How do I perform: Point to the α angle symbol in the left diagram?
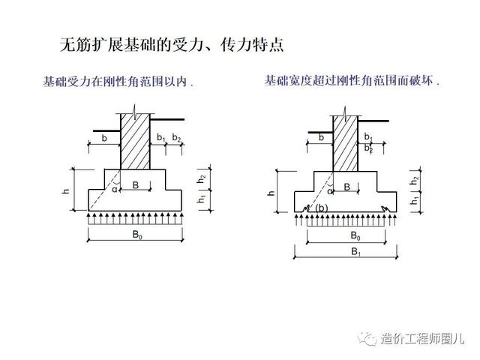click(115, 190)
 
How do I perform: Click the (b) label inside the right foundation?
click(321, 208)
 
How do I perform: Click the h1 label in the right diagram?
click(414, 201)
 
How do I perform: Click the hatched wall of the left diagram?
click(136, 142)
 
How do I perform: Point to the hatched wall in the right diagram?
click(344, 142)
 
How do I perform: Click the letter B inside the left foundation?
click(136, 184)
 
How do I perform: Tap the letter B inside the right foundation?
click(346, 187)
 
